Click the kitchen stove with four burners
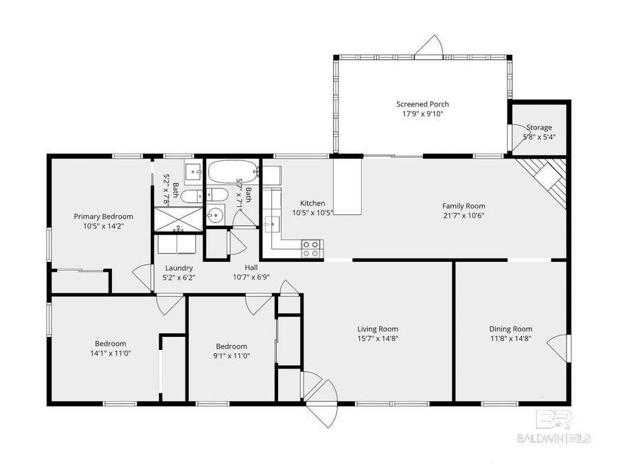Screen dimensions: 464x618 pyautogui.click(x=311, y=248)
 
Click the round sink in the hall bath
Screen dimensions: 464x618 pyautogui.click(x=216, y=214)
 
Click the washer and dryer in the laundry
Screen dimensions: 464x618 pyautogui.click(x=178, y=244)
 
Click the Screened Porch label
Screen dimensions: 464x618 pyautogui.click(x=422, y=104)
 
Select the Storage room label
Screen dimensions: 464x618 pyautogui.click(x=539, y=127)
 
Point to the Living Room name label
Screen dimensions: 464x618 pyautogui.click(x=378, y=329)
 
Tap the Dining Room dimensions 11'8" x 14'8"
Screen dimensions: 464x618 pyautogui.click(x=510, y=339)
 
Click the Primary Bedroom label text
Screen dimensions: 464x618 pyautogui.click(x=103, y=216)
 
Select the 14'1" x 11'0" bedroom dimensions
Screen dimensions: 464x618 pyautogui.click(x=110, y=353)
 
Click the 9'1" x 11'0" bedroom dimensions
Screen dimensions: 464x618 pyautogui.click(x=232, y=356)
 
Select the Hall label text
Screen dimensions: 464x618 pyautogui.click(x=251, y=267)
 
